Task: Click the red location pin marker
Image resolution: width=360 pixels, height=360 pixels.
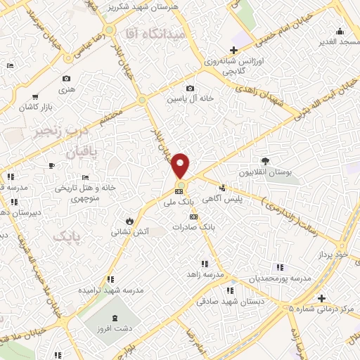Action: [181, 165]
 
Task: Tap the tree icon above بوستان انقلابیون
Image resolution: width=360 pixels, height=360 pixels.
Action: [265, 161]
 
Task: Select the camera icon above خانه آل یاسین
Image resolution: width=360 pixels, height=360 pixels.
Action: [190, 88]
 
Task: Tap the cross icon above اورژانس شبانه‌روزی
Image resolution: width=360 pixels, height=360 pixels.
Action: [233, 50]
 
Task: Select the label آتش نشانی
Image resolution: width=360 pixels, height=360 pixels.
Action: [128, 230]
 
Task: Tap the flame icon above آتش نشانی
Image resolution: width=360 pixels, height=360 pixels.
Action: [128, 219]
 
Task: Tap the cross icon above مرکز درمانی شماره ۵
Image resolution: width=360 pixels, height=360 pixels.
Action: [321, 297]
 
